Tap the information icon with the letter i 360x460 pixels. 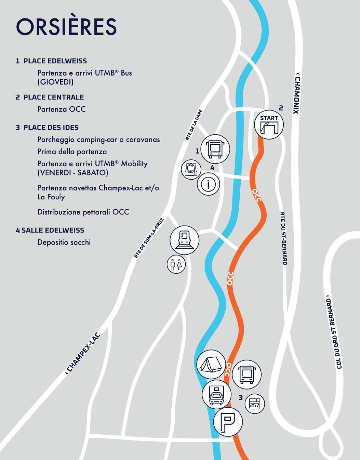(x=208, y=184)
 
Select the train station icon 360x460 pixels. (x=185, y=239)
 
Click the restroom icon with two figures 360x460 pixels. (x=176, y=264)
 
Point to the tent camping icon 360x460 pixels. (x=211, y=364)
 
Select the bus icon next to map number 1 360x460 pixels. (x=215, y=149)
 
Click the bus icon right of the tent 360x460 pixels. (x=246, y=374)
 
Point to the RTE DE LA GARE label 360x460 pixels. (x=194, y=125)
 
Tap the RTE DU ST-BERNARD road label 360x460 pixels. (x=283, y=238)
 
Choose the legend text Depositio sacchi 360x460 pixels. (x=64, y=242)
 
